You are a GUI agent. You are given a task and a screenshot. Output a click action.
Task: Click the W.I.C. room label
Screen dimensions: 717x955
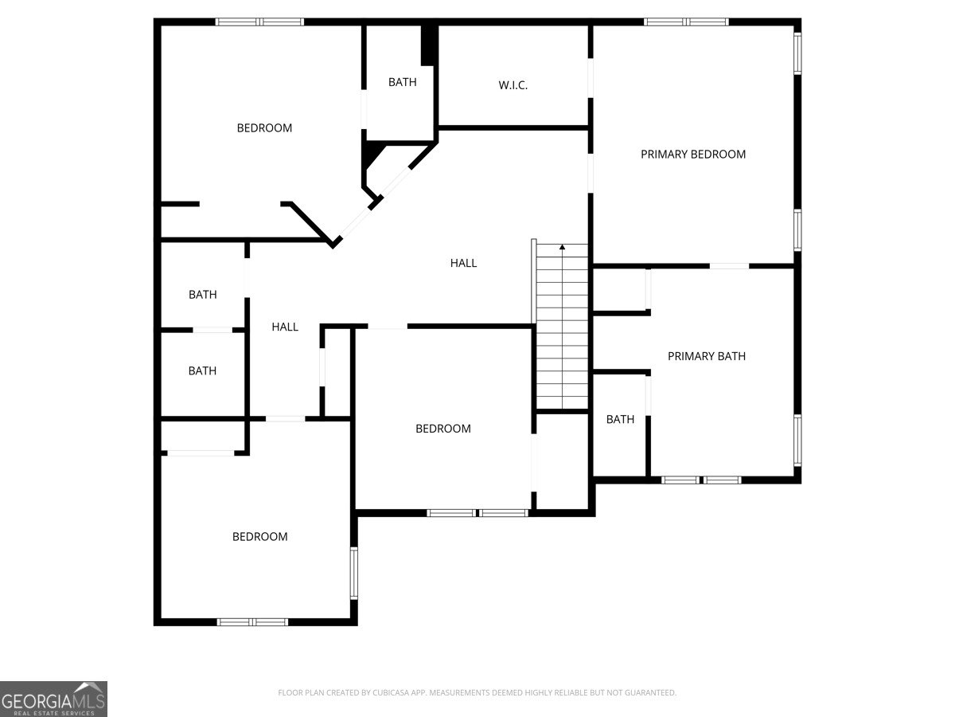513,85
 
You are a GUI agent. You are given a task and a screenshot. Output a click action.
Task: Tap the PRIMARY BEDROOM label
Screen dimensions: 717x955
693,155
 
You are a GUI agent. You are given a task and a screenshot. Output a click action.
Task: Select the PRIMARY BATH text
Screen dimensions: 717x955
706,356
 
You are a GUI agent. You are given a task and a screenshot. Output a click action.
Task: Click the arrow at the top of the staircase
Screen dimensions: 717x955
563,248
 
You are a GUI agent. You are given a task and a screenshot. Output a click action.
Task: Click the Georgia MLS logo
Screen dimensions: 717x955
53,699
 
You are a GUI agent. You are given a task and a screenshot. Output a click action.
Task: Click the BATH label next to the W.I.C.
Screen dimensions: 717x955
402,82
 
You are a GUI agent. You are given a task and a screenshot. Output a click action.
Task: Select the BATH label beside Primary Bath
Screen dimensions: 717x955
620,419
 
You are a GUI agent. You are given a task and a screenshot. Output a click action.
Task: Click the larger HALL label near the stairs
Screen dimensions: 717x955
463,263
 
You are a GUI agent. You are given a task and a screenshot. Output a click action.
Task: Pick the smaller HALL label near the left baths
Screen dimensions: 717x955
285,327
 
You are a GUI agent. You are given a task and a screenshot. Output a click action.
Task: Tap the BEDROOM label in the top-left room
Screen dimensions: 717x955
264,127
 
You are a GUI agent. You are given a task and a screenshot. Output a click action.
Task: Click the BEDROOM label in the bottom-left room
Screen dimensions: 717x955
259,537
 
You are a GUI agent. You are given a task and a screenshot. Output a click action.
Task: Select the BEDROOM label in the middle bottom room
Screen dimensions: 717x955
443,429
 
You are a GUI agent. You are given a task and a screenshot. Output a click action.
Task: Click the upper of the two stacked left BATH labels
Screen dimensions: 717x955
202,295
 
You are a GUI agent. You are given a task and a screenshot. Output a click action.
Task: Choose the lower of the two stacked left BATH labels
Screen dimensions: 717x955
202,370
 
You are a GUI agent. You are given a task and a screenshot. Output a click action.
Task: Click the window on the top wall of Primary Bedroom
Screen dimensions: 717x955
686,22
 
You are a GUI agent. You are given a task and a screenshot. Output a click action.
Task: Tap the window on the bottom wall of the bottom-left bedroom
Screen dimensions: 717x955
252,621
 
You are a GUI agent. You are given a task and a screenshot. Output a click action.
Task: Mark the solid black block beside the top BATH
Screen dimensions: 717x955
428,45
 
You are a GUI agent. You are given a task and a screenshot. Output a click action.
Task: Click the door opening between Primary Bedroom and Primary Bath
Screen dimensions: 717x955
729,265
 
